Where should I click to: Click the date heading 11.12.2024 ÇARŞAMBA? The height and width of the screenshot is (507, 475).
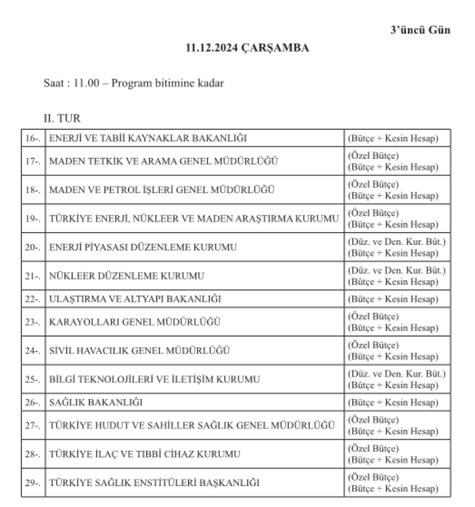pyautogui.click(x=248, y=48)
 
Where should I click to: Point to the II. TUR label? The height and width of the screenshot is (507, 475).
pyautogui.click(x=61, y=118)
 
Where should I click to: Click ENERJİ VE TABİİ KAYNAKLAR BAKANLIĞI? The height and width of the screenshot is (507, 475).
pyautogui.click(x=148, y=138)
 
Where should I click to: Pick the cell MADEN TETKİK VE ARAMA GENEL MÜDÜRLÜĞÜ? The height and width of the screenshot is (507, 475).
pyautogui.click(x=163, y=161)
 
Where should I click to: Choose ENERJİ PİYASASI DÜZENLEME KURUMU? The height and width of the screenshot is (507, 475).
pyautogui.click(x=143, y=247)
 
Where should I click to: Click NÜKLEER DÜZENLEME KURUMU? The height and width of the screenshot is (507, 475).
pyautogui.click(x=127, y=277)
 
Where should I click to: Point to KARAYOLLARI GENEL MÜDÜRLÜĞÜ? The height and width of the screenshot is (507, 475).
pyautogui.click(x=135, y=322)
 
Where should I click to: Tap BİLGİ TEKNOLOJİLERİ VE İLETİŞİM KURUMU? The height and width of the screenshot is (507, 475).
pyautogui.click(x=155, y=379)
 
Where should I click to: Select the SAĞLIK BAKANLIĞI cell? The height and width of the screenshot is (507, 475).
pyautogui.click(x=96, y=402)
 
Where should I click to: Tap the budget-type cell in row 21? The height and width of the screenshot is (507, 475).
pyautogui.click(x=396, y=277)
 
